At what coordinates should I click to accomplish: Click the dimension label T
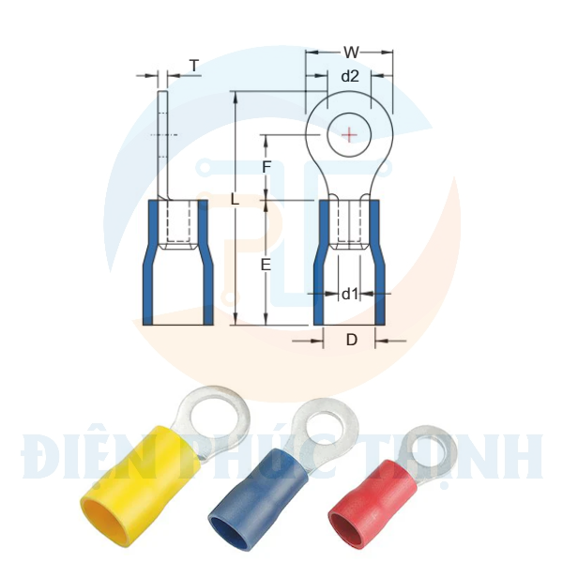click(x=194, y=65)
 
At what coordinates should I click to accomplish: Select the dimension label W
click(x=350, y=53)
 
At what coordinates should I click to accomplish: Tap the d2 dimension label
click(x=349, y=77)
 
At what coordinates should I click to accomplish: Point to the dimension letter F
click(x=266, y=167)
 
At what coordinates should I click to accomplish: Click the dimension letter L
click(x=235, y=200)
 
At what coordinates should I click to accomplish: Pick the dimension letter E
click(x=266, y=265)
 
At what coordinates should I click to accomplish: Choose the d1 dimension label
click(x=349, y=294)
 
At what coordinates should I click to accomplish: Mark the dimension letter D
click(x=351, y=340)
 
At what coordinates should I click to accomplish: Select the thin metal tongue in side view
click(x=161, y=141)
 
